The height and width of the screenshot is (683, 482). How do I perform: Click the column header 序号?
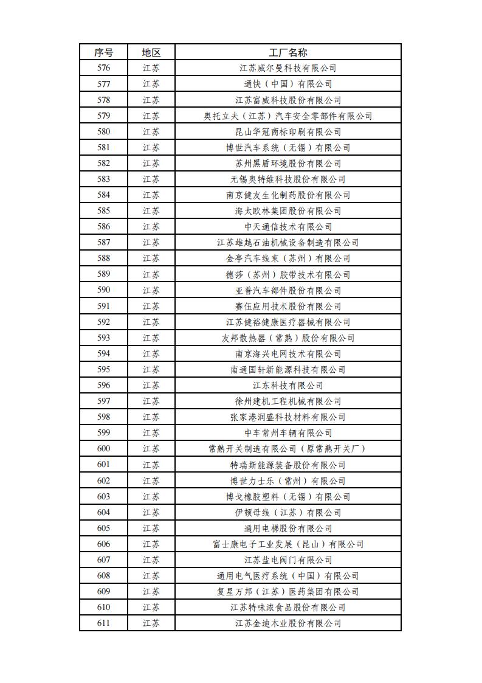point(103,52)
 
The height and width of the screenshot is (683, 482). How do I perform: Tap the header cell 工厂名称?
point(288,52)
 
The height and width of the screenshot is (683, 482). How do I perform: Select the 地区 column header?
point(151,52)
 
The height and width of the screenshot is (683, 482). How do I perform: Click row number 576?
point(103,68)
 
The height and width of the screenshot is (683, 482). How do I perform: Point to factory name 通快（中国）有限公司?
point(288,84)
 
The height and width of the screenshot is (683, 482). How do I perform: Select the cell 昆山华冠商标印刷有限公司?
point(288,131)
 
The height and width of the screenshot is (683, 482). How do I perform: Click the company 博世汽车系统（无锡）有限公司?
point(288,147)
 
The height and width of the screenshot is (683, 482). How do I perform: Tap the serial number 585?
point(103,211)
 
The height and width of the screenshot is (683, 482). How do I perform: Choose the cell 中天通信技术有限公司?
point(288,227)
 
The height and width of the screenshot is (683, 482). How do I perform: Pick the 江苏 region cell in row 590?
point(151,290)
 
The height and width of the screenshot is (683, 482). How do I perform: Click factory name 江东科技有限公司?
point(288,386)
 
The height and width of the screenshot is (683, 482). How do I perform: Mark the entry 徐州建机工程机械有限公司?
point(288,401)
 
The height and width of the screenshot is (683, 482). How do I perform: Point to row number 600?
point(103,449)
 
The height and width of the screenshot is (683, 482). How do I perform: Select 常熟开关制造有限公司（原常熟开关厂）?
point(288,449)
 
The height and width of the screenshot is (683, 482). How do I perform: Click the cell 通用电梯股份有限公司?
point(288,529)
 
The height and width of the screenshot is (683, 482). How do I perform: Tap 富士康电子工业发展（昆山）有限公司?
point(288,544)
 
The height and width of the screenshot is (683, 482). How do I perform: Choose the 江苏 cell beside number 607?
point(151,560)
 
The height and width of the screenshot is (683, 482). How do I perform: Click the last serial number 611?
point(103,623)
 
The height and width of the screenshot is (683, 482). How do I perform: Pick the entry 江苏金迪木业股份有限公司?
point(288,623)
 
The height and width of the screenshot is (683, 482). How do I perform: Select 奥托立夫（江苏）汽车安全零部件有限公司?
point(288,116)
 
